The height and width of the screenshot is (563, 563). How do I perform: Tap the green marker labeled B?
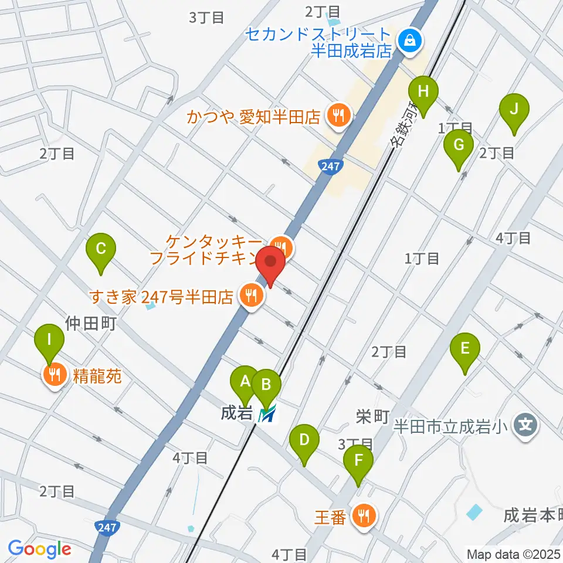pos(266,385)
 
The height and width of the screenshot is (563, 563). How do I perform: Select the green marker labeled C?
pos(101,249)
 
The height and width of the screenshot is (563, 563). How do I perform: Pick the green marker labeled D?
pos(304,440)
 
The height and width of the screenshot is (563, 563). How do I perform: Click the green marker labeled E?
pos(465,348)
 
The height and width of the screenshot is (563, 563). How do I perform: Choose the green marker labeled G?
pos(459,144)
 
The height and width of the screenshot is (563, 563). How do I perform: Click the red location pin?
pos(270,262)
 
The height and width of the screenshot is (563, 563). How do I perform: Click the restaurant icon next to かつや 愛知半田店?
pos(338,116)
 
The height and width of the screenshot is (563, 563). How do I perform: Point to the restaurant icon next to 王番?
pos(364,517)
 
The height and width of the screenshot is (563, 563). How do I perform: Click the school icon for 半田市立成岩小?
pos(525,424)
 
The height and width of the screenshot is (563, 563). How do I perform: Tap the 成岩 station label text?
pos(232,413)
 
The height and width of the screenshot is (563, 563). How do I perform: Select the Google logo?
pos(40,550)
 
